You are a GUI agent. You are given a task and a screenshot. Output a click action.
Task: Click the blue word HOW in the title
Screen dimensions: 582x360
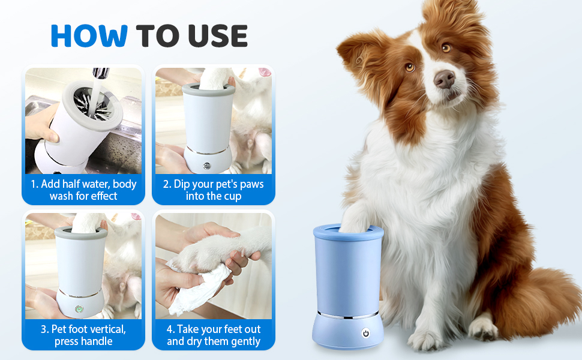point(89,35)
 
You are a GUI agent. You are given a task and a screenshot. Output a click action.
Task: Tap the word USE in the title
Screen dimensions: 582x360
point(218,35)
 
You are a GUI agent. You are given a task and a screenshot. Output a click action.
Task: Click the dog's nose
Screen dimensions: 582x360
point(444,79)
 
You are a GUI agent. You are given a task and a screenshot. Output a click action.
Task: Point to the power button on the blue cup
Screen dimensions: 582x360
point(365,333)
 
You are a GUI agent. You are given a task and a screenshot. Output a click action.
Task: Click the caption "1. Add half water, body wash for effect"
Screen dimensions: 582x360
point(83,190)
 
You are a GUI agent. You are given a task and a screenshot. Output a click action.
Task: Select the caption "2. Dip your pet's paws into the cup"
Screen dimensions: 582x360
point(214,190)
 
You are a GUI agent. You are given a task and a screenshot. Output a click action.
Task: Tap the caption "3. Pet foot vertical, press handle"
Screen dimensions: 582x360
point(83,335)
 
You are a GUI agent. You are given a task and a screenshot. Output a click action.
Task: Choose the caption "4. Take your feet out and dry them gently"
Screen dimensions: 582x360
point(214,335)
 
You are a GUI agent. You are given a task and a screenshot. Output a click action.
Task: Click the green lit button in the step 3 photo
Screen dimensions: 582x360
point(79,308)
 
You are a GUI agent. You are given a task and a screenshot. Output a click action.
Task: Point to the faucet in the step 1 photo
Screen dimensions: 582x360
point(101,73)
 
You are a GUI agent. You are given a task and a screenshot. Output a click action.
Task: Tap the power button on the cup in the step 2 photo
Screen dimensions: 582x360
point(207,166)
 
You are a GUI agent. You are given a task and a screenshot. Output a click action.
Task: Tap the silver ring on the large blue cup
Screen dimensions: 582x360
point(348,315)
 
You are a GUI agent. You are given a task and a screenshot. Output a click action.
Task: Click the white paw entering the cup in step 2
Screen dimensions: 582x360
point(215,79)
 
